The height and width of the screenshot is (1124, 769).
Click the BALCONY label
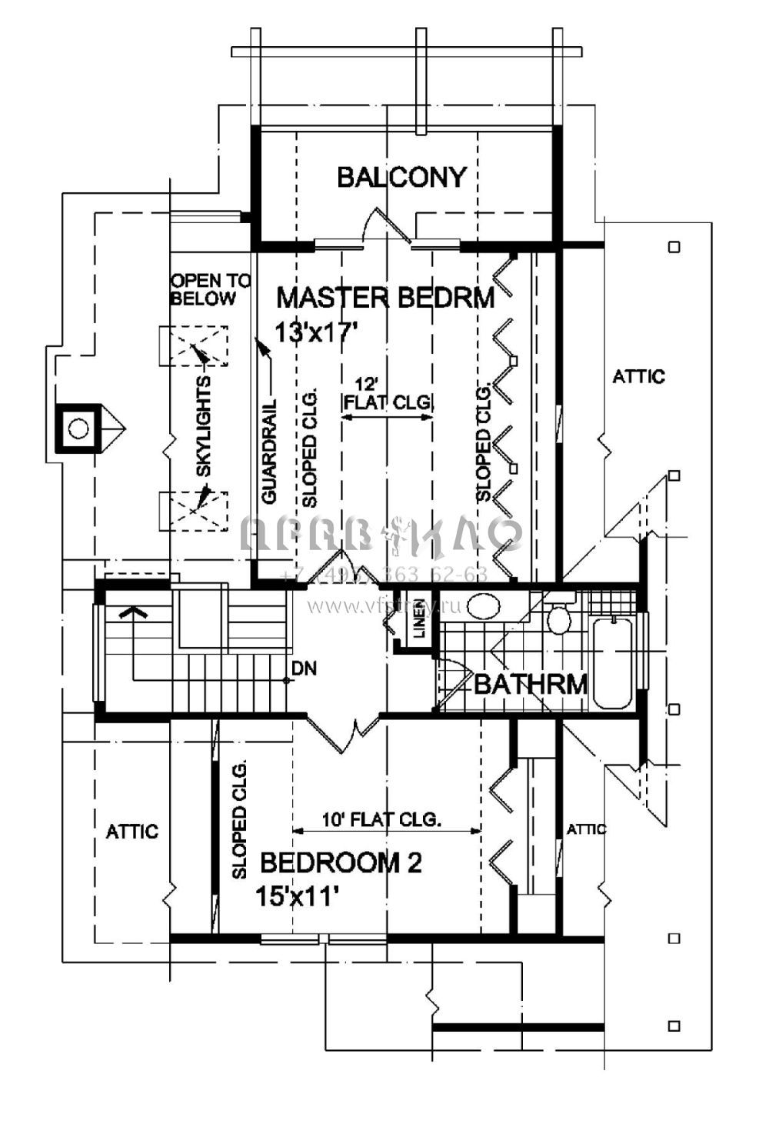[x=401, y=177]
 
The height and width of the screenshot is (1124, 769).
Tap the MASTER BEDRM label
[x=384, y=298]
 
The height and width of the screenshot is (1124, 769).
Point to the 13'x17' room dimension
[x=318, y=332]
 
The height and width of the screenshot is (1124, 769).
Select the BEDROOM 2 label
[x=341, y=863]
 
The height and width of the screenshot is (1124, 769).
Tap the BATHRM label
[x=531, y=683]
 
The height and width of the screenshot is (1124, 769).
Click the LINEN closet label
[x=420, y=618]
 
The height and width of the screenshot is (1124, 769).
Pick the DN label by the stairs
[x=305, y=669]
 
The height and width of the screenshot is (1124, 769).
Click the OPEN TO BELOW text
[x=210, y=289]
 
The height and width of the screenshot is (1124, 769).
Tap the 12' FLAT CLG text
[x=388, y=392]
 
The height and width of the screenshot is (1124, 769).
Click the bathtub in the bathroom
[x=613, y=664]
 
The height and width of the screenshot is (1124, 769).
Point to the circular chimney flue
[x=78, y=429]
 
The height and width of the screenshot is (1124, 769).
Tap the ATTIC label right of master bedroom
[x=638, y=377]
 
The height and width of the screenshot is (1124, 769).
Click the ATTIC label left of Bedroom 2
[x=131, y=832]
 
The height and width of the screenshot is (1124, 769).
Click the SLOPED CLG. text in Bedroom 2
[x=239, y=819]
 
